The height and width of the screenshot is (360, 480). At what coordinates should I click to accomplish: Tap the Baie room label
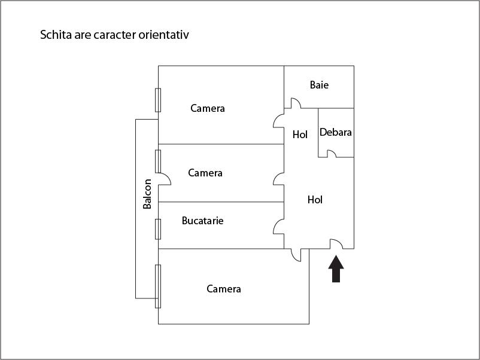point(319,85)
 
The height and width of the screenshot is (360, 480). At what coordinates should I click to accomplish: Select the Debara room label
point(335,132)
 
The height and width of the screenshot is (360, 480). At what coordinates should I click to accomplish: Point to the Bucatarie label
point(203,221)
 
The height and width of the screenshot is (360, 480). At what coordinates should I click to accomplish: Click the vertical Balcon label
point(147,194)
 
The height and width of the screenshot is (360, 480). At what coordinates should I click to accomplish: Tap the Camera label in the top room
point(208,108)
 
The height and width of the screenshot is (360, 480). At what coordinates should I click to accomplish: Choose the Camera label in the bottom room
point(224,289)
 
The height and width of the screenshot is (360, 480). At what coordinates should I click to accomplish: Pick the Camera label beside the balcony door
point(205,173)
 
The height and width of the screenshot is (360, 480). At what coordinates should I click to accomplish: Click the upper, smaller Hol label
point(300,135)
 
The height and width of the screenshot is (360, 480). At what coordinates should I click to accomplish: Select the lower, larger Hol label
point(315,200)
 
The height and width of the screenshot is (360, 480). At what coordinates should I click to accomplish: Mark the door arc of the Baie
point(295,103)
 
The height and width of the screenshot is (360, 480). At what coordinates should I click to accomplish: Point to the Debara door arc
point(331,153)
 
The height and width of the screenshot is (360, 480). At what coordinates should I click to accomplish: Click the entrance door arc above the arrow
point(336,243)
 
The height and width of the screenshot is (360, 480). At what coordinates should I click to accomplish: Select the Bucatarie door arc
point(278,226)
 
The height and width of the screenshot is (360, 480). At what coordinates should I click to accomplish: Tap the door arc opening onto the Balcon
point(165,178)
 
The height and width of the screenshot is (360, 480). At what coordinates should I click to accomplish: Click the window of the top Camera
point(158,100)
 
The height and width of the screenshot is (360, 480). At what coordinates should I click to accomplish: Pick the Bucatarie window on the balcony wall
point(158,229)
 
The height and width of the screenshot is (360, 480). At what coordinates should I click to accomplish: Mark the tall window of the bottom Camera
point(158,286)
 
